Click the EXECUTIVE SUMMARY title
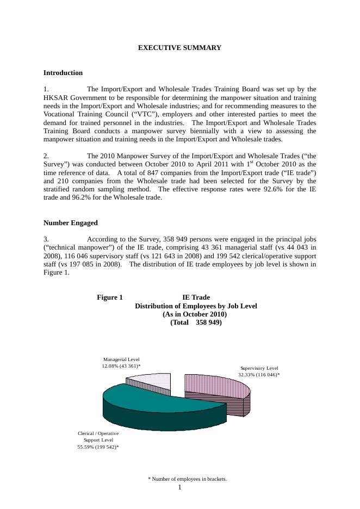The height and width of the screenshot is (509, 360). tap(179, 48)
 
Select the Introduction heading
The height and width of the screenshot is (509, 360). tap(63, 73)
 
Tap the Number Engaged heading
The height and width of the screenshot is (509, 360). tap(71, 223)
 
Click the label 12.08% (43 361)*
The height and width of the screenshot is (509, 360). tap(121, 367)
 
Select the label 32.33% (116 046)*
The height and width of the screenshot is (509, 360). tap(259, 375)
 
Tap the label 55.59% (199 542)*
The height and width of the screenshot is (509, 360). tap(98, 447)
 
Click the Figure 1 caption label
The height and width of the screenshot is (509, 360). tap(110, 297)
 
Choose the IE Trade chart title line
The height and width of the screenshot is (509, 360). tap(196, 297)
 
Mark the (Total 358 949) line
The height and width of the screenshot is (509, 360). tap(196, 322)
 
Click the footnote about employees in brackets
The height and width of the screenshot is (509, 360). tap(187, 479)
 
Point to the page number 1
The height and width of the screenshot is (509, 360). tap(180, 487)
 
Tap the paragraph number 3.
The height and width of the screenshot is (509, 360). tap(46, 239)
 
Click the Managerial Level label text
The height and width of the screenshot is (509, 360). tap(121, 359)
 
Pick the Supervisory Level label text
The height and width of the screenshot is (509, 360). tap(259, 368)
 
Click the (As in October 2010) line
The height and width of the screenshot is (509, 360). tap(195, 314)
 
